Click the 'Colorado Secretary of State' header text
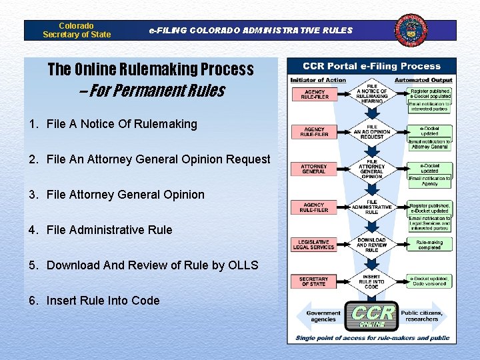pos(77,30)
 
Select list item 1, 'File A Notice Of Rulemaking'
pos(122,124)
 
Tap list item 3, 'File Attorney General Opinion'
pos(125,195)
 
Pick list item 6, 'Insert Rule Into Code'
pos(103,301)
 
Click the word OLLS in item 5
pos(243,265)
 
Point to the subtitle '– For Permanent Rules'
pos(152,91)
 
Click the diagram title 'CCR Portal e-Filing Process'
pos(372,66)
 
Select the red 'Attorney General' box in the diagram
pos(314,169)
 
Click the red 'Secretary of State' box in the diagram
pos(314,281)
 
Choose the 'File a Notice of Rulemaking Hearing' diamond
pos(372,95)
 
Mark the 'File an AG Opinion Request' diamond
pos(372,132)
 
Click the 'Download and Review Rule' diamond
pos(372,245)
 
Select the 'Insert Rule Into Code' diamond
pos(372,281)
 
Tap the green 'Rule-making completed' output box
pos(430,245)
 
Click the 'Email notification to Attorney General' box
pos(430,144)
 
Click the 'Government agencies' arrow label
pos(323,316)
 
